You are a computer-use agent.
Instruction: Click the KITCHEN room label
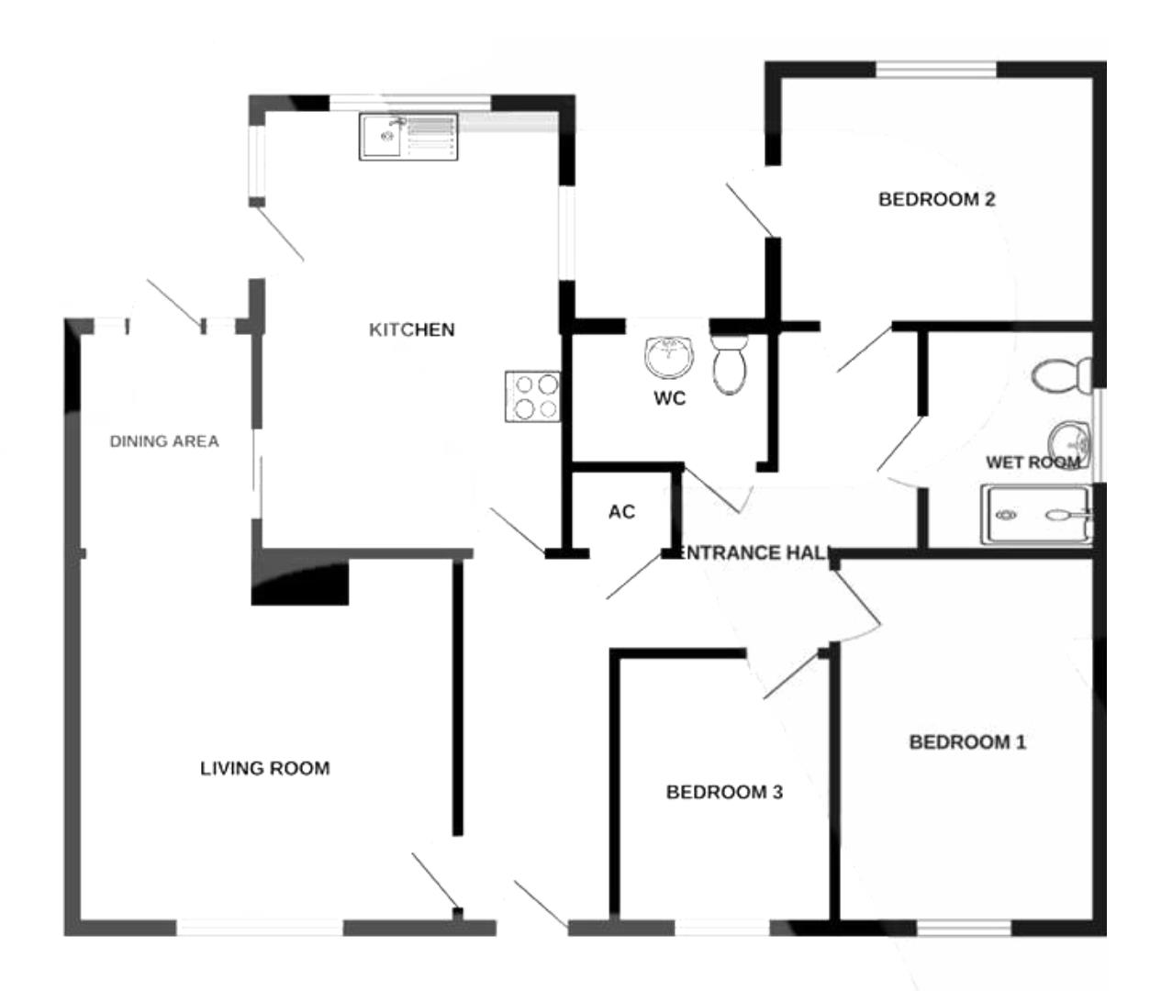411,329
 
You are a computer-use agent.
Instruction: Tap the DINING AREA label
164,441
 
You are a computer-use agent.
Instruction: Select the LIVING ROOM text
264,768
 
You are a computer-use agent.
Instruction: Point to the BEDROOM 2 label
936,199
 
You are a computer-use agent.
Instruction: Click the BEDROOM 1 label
967,741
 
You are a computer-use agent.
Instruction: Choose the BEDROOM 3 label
724,792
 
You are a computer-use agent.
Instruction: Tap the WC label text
669,399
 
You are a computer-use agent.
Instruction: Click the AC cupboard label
621,512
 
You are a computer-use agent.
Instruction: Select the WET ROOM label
1032,462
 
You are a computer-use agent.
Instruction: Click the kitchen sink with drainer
408,136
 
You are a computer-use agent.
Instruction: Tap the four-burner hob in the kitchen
532,396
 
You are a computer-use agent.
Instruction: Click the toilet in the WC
731,364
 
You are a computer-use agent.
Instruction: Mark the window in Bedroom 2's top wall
934,70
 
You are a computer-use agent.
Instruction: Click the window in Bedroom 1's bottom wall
964,929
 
